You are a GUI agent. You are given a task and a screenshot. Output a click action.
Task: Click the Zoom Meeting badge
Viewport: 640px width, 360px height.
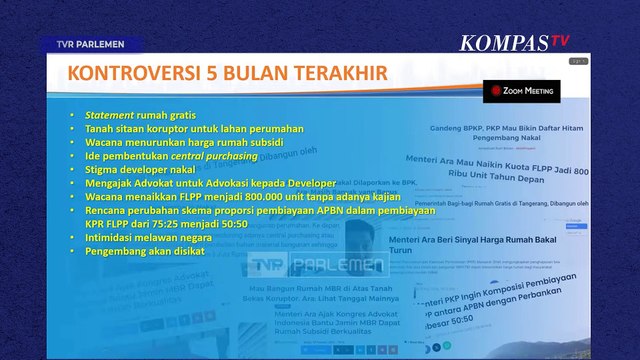pos(521,91)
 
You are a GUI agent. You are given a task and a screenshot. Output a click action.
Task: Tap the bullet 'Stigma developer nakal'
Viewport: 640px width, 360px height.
pos(135,171)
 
